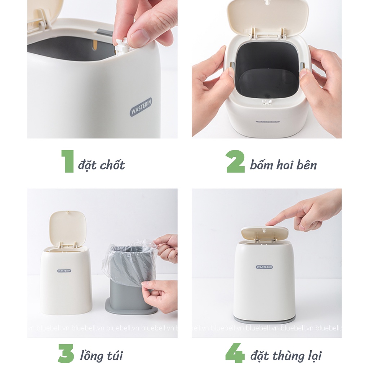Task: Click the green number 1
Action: tap(67, 161)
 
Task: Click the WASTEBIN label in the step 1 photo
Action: tap(141, 108)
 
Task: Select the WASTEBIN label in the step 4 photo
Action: tap(264, 267)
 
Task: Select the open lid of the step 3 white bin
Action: tap(68, 228)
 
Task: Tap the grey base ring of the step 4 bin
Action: tap(264, 319)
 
